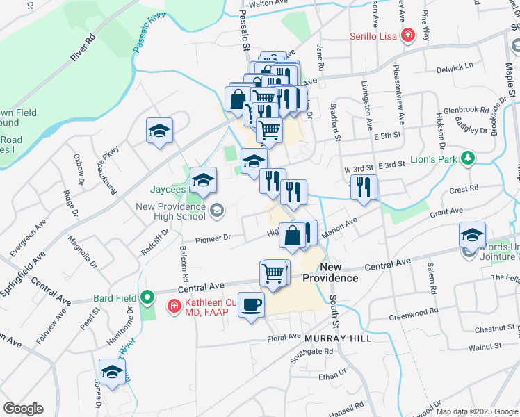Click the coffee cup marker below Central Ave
(x=251, y=304)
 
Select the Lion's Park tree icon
(x=469, y=158)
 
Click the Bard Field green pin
(x=147, y=299)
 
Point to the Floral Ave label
(x=284, y=338)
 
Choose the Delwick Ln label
(x=455, y=69)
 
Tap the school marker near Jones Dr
(x=112, y=372)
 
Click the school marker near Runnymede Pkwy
(x=159, y=130)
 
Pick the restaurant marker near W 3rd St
(x=364, y=187)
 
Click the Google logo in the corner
(x=23, y=409)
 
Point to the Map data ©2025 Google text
(x=478, y=411)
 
